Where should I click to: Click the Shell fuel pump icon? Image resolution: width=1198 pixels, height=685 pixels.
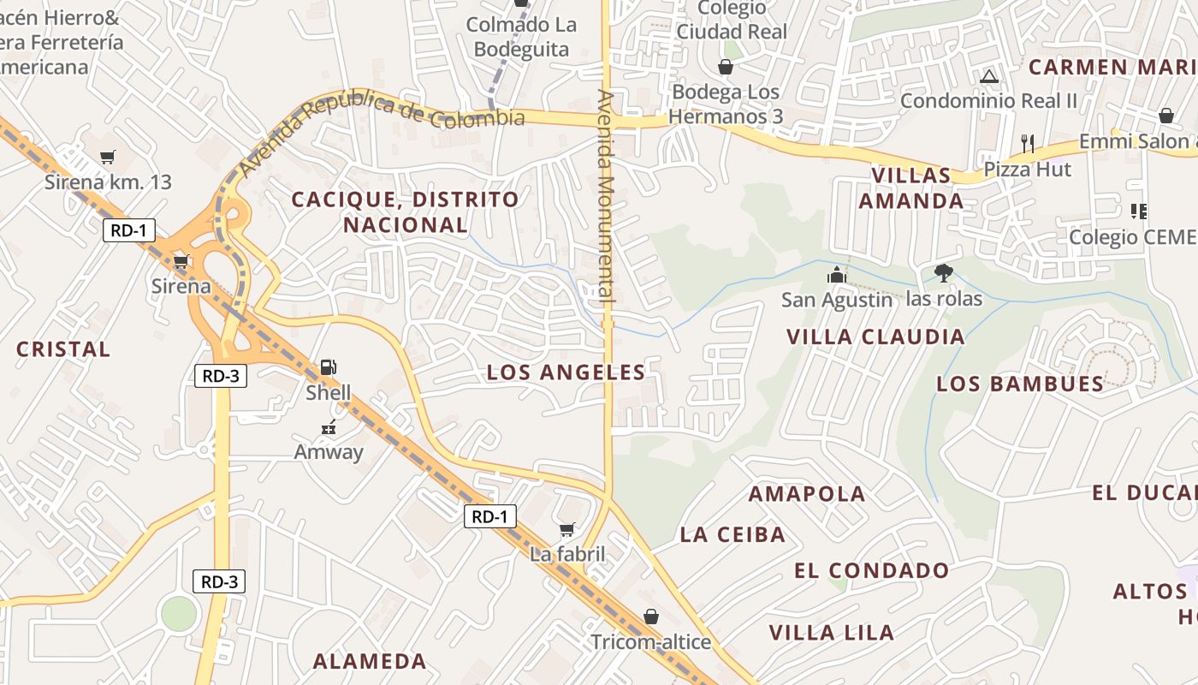click(x=328, y=367)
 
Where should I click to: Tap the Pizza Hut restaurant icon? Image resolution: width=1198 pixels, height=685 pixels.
click(x=1028, y=143)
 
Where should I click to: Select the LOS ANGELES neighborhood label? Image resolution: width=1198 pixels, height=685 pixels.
click(x=566, y=372)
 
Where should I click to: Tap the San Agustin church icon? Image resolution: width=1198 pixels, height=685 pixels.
click(x=836, y=275)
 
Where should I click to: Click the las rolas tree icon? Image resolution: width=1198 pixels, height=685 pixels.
click(x=943, y=273)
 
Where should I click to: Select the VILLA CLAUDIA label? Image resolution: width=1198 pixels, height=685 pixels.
click(x=875, y=337)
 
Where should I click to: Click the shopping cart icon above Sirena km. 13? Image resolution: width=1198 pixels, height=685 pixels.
click(x=108, y=157)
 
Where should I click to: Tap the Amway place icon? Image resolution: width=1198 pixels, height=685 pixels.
click(x=328, y=426)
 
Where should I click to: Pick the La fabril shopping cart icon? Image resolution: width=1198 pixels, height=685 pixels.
click(x=566, y=529)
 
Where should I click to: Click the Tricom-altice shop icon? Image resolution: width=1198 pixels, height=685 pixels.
click(x=650, y=616)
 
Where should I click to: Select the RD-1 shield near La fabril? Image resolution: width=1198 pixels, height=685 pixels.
click(x=491, y=516)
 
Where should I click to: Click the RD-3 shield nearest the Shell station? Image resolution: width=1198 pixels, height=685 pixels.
click(x=220, y=376)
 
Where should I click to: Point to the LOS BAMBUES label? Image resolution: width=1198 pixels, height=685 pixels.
click(x=1020, y=384)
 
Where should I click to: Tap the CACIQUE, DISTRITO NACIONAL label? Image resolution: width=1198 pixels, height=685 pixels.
click(x=405, y=211)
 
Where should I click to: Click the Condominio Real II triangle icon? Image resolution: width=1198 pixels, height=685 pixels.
click(x=989, y=76)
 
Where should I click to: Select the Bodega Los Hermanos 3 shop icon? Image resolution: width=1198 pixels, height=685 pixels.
click(x=726, y=67)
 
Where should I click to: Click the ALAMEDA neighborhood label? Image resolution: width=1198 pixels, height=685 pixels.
click(x=369, y=661)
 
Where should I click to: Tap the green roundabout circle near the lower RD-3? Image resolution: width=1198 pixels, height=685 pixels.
click(x=179, y=613)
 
